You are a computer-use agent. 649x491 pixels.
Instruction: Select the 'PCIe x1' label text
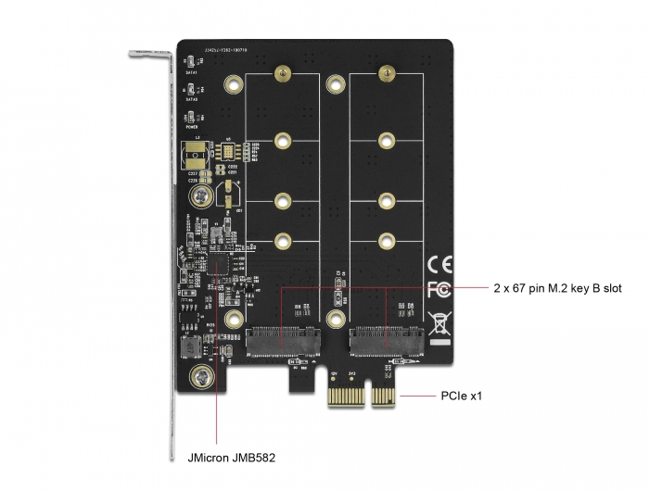point(463,397)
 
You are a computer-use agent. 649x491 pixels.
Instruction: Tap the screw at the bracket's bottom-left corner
point(198,378)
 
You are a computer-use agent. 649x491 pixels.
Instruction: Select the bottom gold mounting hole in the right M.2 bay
point(384,242)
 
